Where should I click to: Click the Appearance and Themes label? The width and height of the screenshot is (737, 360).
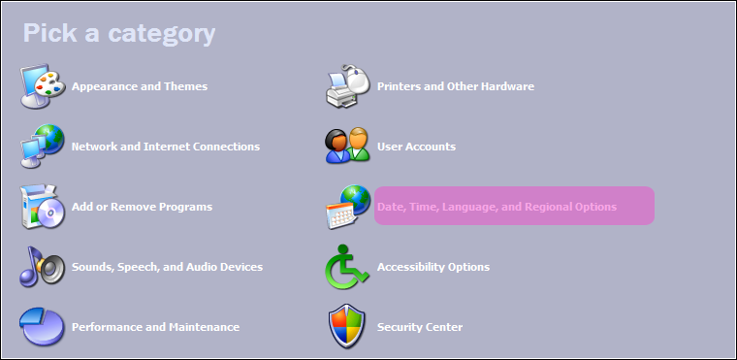pos(139,86)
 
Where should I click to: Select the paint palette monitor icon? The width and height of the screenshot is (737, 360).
pos(42,86)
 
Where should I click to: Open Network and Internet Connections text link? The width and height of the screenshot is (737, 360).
pos(166,147)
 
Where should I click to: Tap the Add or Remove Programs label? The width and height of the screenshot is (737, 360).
pos(142,207)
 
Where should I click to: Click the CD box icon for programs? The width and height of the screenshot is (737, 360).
pos(42,207)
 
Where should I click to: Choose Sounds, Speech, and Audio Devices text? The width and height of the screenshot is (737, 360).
pos(167,267)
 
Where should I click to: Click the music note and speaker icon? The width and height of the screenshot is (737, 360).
pos(42,266)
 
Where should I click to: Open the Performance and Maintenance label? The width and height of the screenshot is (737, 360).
pos(155,327)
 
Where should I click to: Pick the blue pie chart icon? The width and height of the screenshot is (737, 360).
pos(42,327)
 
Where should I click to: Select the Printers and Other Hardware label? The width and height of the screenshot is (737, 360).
pos(456,86)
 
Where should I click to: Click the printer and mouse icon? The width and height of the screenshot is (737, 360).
pos(348,86)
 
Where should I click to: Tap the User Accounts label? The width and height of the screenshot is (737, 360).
pos(416,147)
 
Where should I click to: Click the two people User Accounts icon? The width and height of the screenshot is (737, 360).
pos(348,146)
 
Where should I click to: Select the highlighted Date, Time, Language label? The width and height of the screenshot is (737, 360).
pos(497,207)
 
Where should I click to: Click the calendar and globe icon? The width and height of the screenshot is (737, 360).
pos(348,207)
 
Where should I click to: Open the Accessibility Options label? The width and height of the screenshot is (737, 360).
pos(433,267)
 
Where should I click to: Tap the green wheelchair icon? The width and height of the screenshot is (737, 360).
pos(347,266)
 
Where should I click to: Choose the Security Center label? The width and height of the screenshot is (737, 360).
pos(420,327)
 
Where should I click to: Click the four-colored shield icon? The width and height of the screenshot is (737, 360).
pos(347,326)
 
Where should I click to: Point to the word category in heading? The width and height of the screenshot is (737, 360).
pos(162,34)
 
